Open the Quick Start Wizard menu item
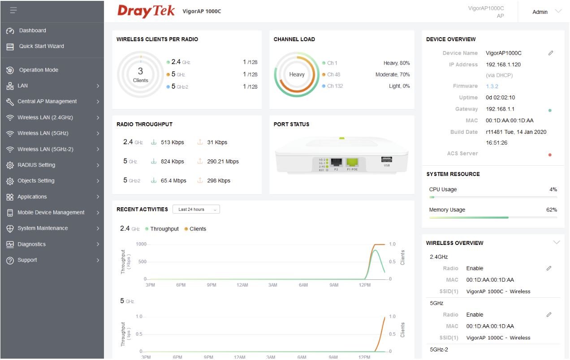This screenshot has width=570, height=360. click(x=41, y=46)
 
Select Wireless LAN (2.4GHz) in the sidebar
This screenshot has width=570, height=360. click(x=45, y=117)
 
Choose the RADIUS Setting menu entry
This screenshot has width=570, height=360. click(x=36, y=165)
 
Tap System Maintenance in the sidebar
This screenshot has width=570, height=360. click(x=43, y=228)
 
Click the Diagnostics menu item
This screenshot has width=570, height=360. click(x=31, y=244)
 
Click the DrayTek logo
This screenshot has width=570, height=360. click(x=146, y=11)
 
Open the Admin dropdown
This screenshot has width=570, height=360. click(x=546, y=12)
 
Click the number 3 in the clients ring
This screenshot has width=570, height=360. click(x=140, y=71)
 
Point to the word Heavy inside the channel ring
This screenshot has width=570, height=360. click(x=297, y=74)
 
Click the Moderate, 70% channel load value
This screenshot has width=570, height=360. click(x=393, y=74)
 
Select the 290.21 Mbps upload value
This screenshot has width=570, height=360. click(x=223, y=161)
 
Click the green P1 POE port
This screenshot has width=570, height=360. click(x=352, y=162)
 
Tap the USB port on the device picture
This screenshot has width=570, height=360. click(x=386, y=159)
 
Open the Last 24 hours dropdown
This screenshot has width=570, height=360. click(x=196, y=209)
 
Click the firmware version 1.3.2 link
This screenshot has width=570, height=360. click(x=492, y=86)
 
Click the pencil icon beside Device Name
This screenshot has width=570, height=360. click(x=551, y=53)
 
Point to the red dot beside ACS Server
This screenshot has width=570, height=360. click(x=550, y=155)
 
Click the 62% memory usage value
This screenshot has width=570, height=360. click(x=552, y=210)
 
